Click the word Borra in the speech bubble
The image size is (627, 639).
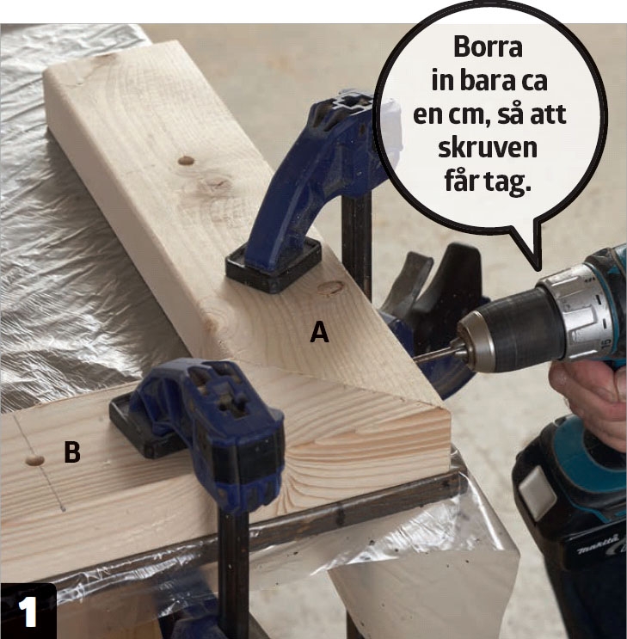(488, 46)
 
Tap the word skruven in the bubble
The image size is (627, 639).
(488, 148)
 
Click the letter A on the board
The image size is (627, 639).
(319, 332)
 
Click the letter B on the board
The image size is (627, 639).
(72, 452)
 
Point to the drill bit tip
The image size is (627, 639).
(415, 359)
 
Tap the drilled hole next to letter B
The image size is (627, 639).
(34, 460)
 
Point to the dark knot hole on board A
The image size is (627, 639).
(186, 160)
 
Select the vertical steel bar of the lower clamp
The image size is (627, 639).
(233, 570)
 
